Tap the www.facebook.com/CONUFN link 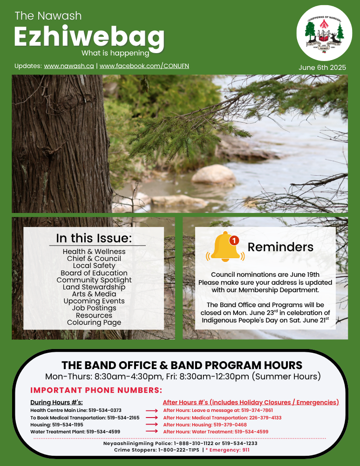144,66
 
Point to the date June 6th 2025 322,68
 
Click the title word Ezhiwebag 89,36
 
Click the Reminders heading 280,247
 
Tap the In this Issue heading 94,238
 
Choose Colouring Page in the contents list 94,322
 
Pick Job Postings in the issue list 94,308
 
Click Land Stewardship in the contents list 94,287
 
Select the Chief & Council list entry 94,259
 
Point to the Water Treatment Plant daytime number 103,432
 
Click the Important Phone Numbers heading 96,390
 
